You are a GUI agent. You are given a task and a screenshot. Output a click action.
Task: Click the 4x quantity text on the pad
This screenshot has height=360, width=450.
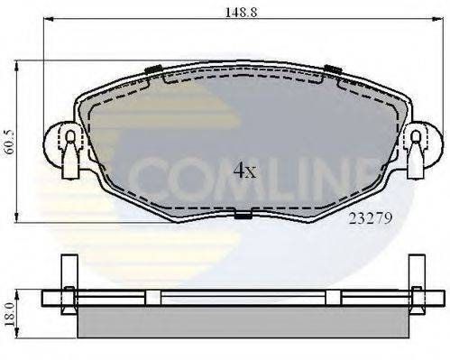[244, 171]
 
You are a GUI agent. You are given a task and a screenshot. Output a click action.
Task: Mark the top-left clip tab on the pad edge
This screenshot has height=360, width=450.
[152, 69]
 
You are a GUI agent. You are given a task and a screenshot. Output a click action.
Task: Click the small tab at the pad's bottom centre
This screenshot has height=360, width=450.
[242, 214]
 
